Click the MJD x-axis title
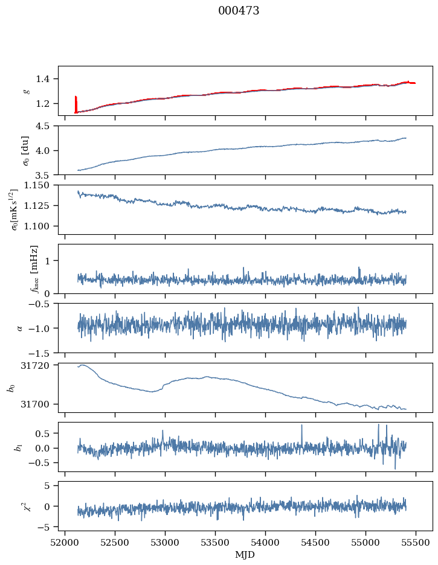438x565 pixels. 245,555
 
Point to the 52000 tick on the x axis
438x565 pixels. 66,542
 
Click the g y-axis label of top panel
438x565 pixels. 26,91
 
